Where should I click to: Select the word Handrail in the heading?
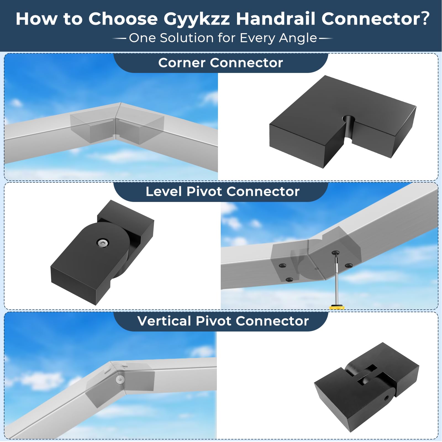[x=275, y=19]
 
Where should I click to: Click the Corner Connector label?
[x=220, y=63]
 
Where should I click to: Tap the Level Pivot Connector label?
[x=222, y=191]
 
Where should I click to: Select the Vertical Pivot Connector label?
[x=223, y=321]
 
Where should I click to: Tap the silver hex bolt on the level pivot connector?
[x=103, y=243]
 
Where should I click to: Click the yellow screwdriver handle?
[x=337, y=307]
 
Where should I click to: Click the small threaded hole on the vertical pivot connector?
[x=386, y=398]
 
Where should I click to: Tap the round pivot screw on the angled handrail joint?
[x=120, y=380]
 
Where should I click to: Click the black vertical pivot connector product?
[x=367, y=387]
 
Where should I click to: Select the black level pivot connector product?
[x=102, y=252]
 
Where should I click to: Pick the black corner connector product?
[x=343, y=122]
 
